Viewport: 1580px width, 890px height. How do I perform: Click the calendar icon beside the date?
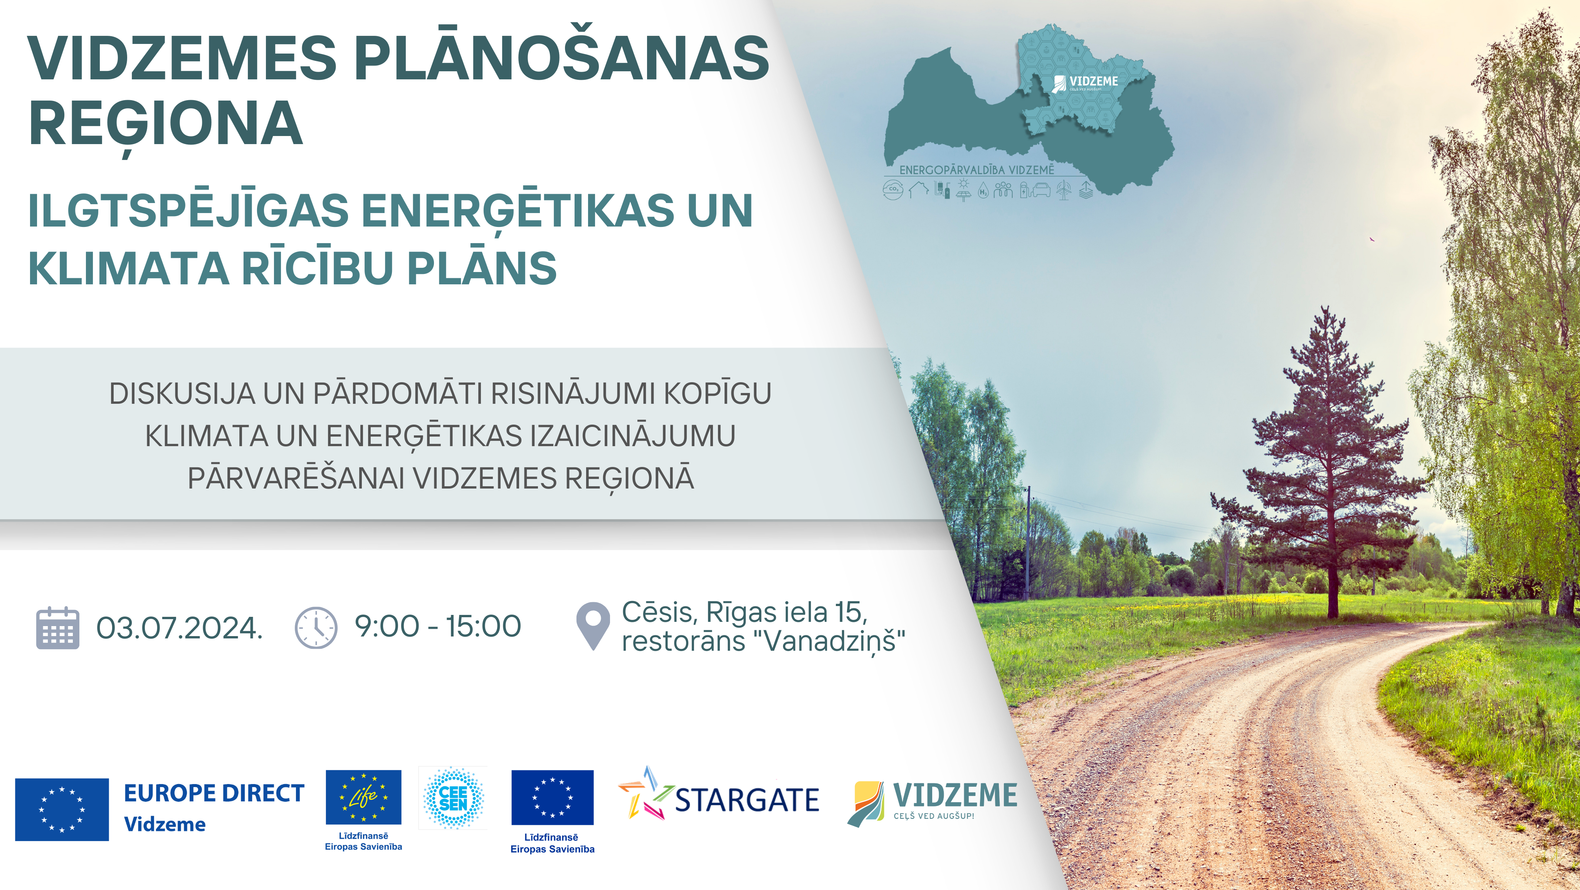58,628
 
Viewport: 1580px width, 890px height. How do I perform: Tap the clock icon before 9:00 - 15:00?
316,628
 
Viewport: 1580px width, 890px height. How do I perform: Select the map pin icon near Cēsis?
593,626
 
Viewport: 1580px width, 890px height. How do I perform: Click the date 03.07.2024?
179,628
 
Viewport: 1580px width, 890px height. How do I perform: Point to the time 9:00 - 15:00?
438,626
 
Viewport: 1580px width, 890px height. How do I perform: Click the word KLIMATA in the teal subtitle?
129,268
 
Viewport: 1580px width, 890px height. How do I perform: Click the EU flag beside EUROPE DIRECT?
62,809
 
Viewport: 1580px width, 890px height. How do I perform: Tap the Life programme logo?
364,797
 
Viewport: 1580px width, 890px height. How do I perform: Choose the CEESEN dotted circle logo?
453,798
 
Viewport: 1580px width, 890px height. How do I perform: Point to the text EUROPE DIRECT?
214,793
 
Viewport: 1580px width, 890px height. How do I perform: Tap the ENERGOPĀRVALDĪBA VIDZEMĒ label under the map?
977,170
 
